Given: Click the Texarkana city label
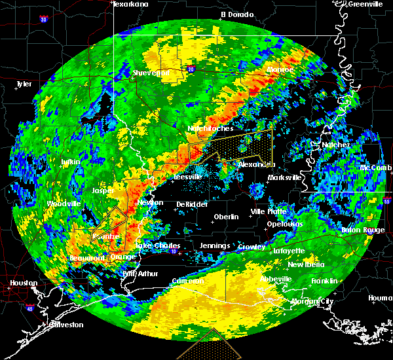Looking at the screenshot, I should click(x=130, y=4).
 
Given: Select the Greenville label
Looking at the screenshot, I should click(x=365, y=4).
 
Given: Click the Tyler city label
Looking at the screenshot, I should click(x=24, y=84).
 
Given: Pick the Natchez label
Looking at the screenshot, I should click(x=335, y=145).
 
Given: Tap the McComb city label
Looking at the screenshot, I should click(x=375, y=168).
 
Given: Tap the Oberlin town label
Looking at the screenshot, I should click(x=226, y=217).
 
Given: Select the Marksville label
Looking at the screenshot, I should click(x=286, y=177).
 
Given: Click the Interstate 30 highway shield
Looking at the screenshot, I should click(x=43, y=19).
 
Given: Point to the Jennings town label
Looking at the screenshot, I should click(x=215, y=246).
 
